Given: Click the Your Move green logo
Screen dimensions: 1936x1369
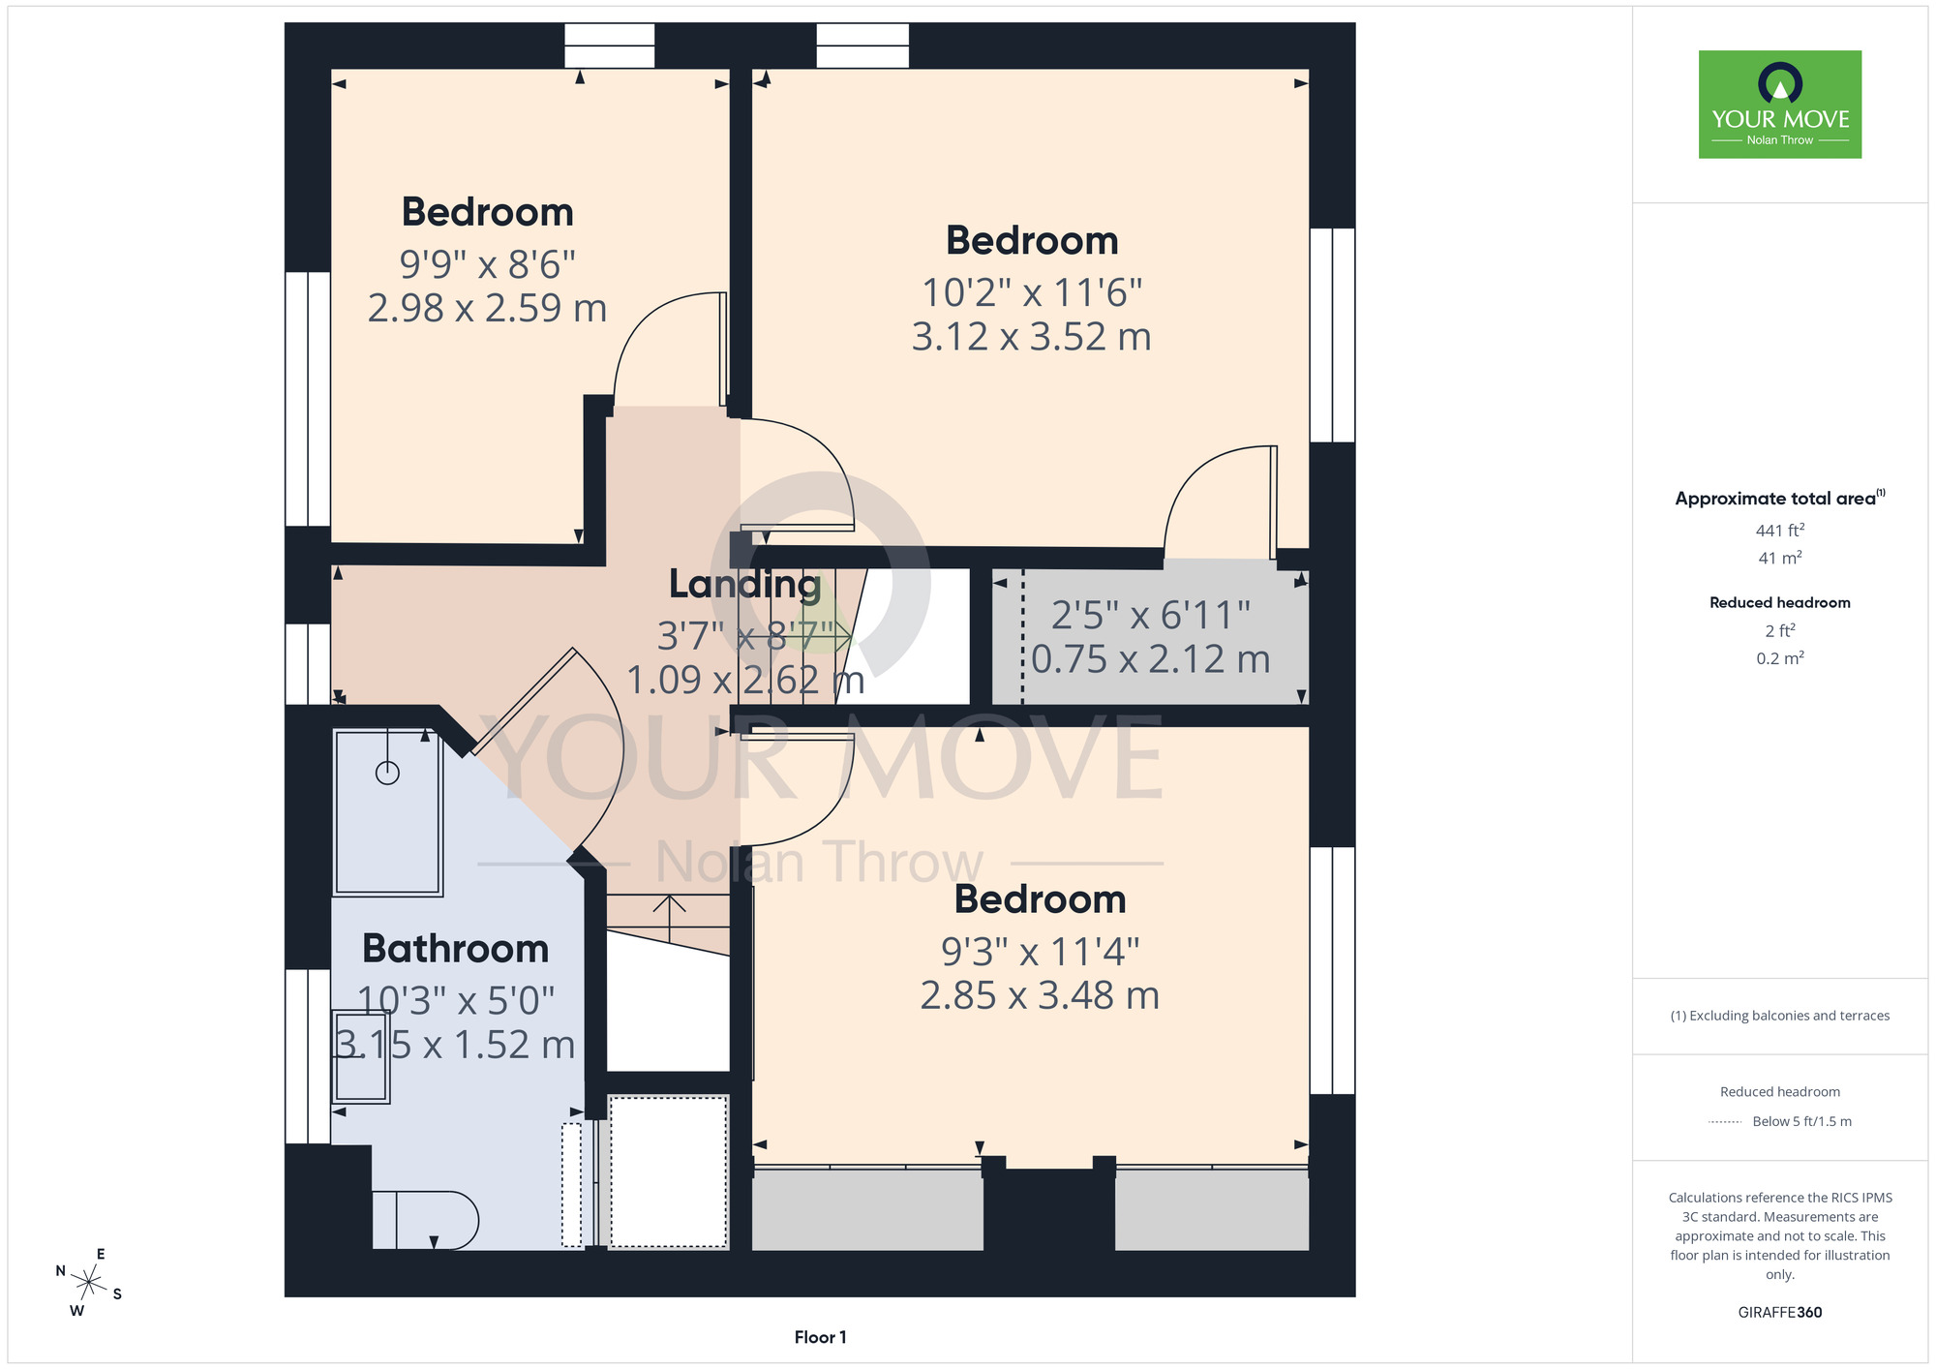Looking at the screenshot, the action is pyautogui.click(x=1779, y=105).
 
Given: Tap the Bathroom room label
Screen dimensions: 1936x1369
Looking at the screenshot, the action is pyautogui.click(x=455, y=949).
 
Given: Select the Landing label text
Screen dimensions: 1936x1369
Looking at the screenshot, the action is pyautogui.click(x=744, y=585).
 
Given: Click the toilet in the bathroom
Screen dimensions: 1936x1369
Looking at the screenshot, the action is pyautogui.click(x=426, y=1219).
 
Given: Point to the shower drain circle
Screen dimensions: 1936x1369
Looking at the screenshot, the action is pyautogui.click(x=387, y=773).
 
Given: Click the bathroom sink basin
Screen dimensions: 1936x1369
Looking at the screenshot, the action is pyautogui.click(x=360, y=1056).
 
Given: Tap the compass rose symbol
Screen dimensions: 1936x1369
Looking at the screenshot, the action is pyautogui.click(x=88, y=1283).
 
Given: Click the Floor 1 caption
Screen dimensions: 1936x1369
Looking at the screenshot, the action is pyautogui.click(x=820, y=1337).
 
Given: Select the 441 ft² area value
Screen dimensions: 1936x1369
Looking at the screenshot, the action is pyautogui.click(x=1779, y=531).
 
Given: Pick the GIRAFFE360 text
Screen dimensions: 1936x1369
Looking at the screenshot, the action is pyautogui.click(x=1779, y=1313).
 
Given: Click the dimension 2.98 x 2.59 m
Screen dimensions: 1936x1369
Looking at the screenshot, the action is pyautogui.click(x=487, y=309).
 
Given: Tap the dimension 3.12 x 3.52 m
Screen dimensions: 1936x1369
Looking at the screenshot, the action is pyautogui.click(x=1032, y=337).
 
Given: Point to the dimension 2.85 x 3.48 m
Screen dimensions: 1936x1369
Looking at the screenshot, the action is pyautogui.click(x=1040, y=995).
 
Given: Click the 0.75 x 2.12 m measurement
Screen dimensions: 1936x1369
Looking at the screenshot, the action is pyautogui.click(x=1150, y=659).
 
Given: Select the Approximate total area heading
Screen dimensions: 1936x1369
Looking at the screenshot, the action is pyautogui.click(x=1779, y=499).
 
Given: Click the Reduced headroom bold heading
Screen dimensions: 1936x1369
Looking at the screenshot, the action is pyautogui.click(x=1779, y=602).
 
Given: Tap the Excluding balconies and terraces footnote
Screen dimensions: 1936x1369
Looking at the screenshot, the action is pyautogui.click(x=1779, y=1016).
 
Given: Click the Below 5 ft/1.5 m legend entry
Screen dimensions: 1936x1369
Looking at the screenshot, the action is pyautogui.click(x=1801, y=1121).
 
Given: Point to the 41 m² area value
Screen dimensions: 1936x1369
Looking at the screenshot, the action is pyautogui.click(x=1779, y=558).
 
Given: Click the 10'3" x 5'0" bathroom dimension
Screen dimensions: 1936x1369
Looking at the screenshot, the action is pyautogui.click(x=456, y=1001).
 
